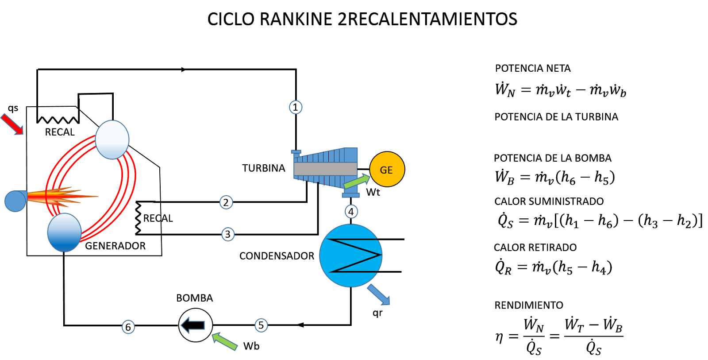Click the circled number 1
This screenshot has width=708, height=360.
click(296, 107)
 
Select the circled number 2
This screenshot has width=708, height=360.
click(226, 202)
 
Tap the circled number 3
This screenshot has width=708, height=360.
click(228, 234)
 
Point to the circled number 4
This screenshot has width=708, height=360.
click(351, 212)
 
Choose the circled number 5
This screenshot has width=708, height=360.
click(261, 325)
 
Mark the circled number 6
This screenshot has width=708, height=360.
click(128, 327)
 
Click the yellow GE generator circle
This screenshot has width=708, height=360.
click(387, 170)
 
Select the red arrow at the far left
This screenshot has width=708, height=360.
click(12, 124)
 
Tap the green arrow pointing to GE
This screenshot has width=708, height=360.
click(357, 181)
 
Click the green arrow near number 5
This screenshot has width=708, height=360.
click(224, 341)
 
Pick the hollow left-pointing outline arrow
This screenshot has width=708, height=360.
click(193, 325)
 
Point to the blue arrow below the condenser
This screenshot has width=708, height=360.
click(379, 295)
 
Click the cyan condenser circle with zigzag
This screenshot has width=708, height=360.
click(351, 255)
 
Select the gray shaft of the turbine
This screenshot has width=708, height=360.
click(325, 169)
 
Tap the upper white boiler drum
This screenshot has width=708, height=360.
click(112, 139)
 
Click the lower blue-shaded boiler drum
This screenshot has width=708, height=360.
click(65, 232)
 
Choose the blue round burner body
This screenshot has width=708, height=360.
click(15, 201)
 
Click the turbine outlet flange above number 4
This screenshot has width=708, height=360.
click(350, 194)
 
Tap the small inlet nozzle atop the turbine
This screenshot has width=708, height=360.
click(296, 152)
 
